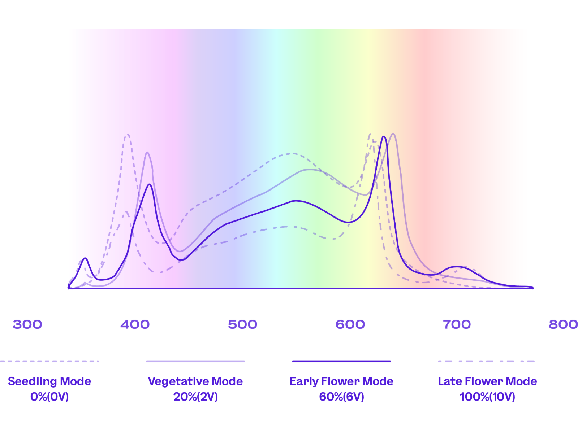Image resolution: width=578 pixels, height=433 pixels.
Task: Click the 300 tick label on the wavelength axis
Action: [27, 324]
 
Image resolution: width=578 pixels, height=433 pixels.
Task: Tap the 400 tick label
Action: [135, 324]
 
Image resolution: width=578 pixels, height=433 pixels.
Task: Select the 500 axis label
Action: [242, 324]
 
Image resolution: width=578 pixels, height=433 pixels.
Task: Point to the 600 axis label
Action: [350, 324]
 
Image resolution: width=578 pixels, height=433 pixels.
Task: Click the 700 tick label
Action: [457, 324]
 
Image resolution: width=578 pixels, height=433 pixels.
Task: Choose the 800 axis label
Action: [563, 324]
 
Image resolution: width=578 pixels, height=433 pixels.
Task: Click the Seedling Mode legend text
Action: [49, 381]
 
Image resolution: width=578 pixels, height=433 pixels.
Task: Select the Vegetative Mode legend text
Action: [195, 381]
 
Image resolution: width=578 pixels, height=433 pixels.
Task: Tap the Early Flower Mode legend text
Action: [341, 381]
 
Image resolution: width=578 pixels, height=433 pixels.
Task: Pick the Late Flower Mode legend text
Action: [487, 381]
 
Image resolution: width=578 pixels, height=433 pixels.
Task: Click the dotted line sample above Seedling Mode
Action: [49, 361]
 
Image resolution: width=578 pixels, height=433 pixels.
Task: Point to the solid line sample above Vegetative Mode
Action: [195, 361]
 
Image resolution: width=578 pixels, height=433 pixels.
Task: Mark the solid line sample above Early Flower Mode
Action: [341, 361]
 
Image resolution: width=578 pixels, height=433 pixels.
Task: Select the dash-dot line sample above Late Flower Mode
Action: [486, 361]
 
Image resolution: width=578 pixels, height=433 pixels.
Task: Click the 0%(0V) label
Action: [49, 397]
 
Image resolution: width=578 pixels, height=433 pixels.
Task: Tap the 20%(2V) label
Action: [195, 397]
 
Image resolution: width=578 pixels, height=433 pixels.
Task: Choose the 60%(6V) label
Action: [341, 397]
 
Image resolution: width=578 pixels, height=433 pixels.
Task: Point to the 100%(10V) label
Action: [487, 397]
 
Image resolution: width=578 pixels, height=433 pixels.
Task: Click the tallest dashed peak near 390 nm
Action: [127, 135]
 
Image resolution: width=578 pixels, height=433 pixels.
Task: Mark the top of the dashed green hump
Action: [292, 154]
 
